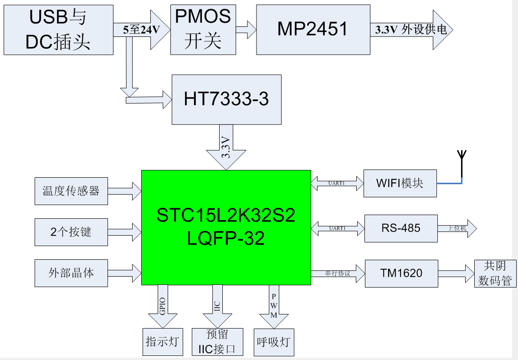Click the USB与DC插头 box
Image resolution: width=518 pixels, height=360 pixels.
(x=58, y=30)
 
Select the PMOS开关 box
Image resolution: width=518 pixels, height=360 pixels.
(x=203, y=30)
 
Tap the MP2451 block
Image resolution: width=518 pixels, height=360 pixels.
(x=313, y=30)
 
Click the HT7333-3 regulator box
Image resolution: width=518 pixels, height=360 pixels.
(x=226, y=99)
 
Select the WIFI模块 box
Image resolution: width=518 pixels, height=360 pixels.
(x=400, y=183)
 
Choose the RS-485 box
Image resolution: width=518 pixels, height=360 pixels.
(x=401, y=228)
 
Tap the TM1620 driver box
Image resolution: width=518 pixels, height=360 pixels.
(x=401, y=273)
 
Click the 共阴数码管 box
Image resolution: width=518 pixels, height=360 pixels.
(x=495, y=273)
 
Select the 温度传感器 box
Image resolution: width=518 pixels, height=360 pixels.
(x=71, y=191)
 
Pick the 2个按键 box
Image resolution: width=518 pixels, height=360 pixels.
(x=71, y=232)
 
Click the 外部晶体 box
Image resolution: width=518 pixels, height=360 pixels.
(x=71, y=273)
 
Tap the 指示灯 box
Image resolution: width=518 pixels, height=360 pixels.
(x=163, y=342)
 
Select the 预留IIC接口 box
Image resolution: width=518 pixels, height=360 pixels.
(x=217, y=342)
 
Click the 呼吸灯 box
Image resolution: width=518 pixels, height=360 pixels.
(x=274, y=342)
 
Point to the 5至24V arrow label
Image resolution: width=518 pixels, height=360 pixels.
(x=141, y=31)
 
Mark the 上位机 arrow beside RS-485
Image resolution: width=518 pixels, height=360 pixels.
(x=457, y=228)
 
